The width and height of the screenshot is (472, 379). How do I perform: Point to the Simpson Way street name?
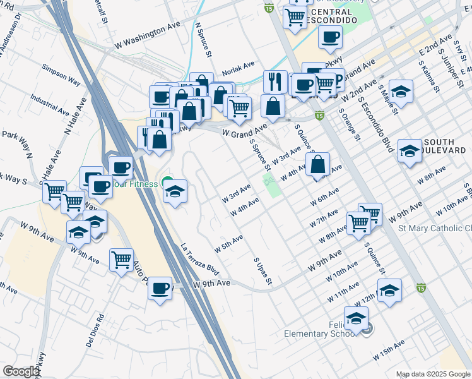[x=61, y=69]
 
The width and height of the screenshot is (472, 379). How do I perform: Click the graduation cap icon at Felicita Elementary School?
[x=357, y=317]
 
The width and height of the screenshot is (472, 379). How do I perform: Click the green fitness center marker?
[x=167, y=183]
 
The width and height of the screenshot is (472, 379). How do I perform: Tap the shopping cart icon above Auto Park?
[x=121, y=259]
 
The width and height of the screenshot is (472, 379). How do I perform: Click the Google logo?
[x=21, y=371]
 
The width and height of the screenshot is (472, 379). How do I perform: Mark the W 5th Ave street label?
[x=228, y=243]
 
